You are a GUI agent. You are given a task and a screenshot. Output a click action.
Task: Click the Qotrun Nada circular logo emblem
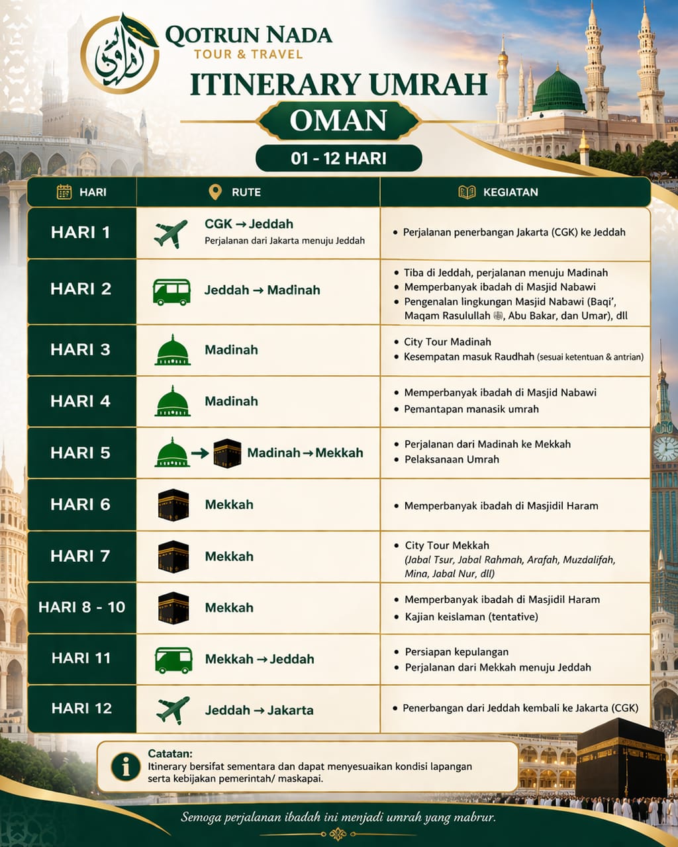point(120,54)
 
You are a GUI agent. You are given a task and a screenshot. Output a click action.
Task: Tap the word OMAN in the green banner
point(338,120)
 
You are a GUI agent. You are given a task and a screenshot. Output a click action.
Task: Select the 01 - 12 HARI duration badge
point(338,159)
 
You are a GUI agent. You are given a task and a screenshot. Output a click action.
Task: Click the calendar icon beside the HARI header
point(64,192)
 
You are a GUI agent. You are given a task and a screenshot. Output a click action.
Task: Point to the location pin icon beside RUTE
point(215,192)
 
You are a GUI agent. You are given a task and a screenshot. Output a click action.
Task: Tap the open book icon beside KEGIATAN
point(467,192)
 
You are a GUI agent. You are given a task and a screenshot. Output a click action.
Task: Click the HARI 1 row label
point(81,233)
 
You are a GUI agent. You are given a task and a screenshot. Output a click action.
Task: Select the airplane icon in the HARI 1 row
point(171,234)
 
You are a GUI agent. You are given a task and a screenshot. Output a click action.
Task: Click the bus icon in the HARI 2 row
point(171,291)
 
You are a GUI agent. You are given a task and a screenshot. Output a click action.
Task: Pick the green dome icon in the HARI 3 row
point(172,351)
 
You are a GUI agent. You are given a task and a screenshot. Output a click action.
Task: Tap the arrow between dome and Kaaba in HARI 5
point(200,454)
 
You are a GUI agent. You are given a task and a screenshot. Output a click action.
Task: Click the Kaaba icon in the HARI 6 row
point(173,505)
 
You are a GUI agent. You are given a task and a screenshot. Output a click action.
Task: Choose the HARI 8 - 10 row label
point(81,607)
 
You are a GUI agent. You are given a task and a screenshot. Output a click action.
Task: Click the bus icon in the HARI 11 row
point(173,660)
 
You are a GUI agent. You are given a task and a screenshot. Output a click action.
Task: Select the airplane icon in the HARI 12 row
point(173,710)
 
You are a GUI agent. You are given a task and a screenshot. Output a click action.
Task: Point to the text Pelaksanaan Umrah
point(452,459)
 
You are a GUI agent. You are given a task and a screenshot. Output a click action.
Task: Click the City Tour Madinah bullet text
point(448,342)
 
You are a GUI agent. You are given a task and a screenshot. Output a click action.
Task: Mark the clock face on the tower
point(665,449)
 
